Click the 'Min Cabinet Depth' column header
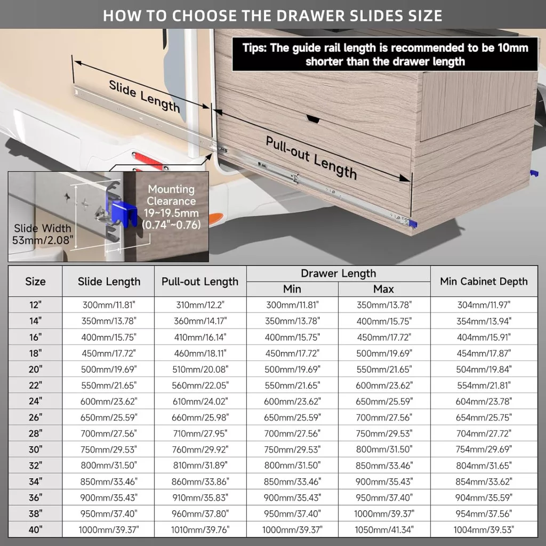point(484,282)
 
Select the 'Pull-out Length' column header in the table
point(200,282)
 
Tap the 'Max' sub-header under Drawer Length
point(383,289)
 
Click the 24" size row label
point(35,401)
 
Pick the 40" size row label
point(35,529)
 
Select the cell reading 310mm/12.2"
point(200,305)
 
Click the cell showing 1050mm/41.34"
point(384,529)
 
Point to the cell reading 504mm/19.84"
point(484,369)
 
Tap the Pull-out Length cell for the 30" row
point(200,449)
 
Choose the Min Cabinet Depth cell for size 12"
point(484,305)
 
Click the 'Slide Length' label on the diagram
point(144,96)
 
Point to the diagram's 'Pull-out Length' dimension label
point(311,158)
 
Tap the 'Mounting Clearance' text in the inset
point(171,195)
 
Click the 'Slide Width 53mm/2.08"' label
point(43,234)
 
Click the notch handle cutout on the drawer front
point(312,119)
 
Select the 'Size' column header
point(35,282)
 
